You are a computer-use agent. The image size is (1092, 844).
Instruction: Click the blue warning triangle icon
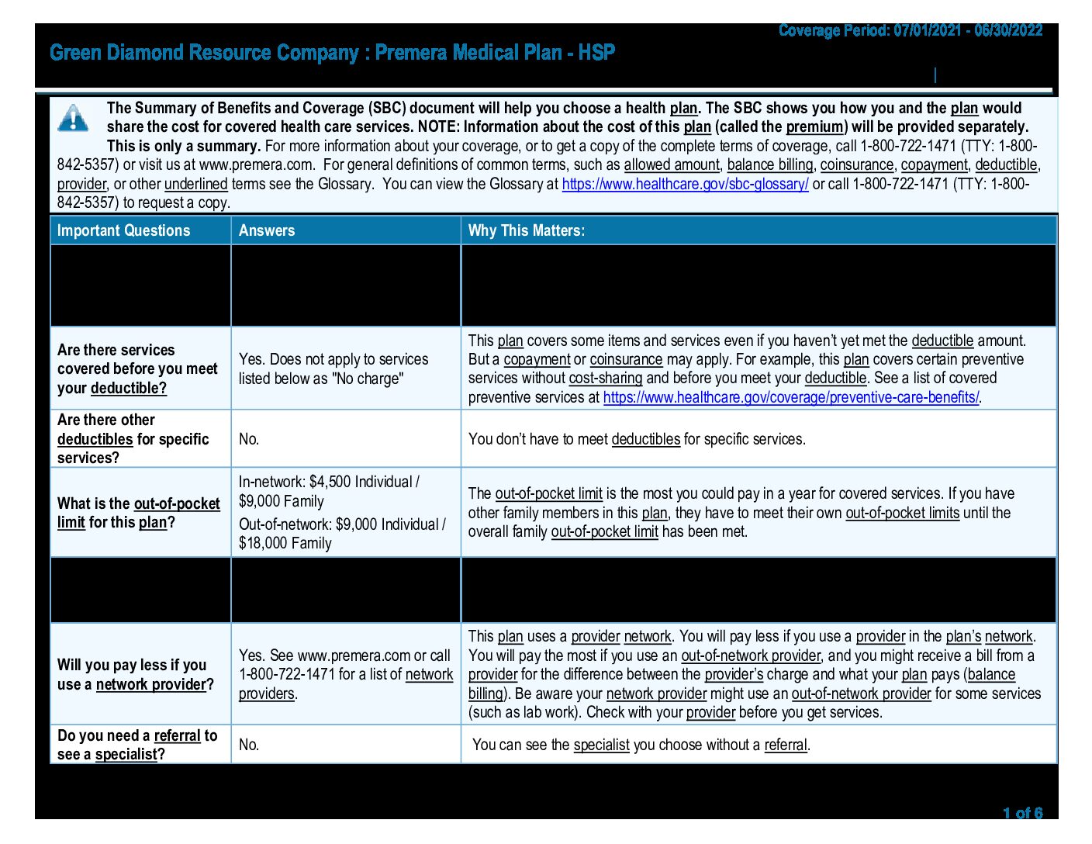[73, 118]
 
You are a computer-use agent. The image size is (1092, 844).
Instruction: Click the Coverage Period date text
[910, 31]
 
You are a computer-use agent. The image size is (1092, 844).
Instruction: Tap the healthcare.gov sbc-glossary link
[685, 184]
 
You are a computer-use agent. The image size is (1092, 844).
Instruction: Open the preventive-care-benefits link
[790, 397]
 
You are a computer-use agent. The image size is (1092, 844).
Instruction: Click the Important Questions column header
[123, 230]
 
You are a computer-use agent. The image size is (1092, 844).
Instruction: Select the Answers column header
[267, 230]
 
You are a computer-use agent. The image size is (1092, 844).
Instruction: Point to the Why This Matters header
[526, 230]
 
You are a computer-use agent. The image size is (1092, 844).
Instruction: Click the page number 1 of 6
[1022, 813]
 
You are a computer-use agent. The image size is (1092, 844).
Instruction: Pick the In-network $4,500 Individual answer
[329, 482]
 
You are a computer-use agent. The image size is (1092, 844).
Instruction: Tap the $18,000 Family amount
[285, 543]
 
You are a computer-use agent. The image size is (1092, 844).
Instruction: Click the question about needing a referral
[137, 745]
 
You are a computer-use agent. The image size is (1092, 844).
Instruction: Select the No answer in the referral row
[249, 745]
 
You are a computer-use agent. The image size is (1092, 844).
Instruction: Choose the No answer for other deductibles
[249, 439]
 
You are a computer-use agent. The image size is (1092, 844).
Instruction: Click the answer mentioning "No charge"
[333, 369]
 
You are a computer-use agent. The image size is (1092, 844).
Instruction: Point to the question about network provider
[136, 675]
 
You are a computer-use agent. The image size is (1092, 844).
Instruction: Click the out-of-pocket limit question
[138, 513]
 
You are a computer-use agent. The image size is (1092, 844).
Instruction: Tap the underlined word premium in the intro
[814, 126]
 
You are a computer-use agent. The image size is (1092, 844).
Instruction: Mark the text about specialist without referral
[641, 745]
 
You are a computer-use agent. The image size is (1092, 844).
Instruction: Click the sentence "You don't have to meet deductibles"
[636, 439]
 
